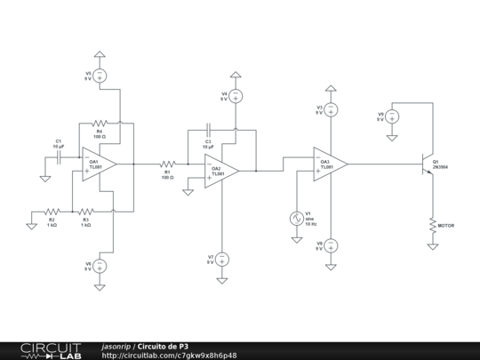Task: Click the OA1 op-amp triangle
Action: click(99, 164)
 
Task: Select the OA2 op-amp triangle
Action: click(220, 169)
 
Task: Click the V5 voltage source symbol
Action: click(100, 76)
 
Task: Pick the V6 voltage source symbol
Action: click(100, 265)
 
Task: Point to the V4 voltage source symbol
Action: click(236, 95)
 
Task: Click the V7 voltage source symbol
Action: click(222, 259)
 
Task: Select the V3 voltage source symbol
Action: click(330, 110)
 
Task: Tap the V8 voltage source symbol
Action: click(330, 244)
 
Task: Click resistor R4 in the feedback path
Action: click(100, 124)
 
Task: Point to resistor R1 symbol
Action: click(167, 164)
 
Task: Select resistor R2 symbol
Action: click(52, 212)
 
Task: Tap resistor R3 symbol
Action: click(86, 212)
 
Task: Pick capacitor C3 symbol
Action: click(207, 131)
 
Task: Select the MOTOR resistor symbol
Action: click(433, 225)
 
